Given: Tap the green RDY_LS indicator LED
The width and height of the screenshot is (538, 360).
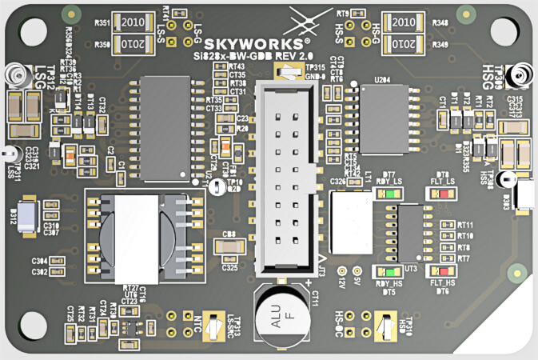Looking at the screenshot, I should coord(389,193).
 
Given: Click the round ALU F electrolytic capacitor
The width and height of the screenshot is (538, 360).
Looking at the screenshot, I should coord(279,317).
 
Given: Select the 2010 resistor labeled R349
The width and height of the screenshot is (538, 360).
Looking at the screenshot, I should coord(404,42).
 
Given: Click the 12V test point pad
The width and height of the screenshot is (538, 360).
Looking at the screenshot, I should coord(342,272).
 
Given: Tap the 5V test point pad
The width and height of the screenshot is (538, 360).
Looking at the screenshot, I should coord(357,272).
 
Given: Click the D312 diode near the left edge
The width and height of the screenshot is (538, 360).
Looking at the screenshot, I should coord(26,216).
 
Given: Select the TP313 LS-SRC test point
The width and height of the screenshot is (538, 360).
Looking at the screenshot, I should coord(213,327).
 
